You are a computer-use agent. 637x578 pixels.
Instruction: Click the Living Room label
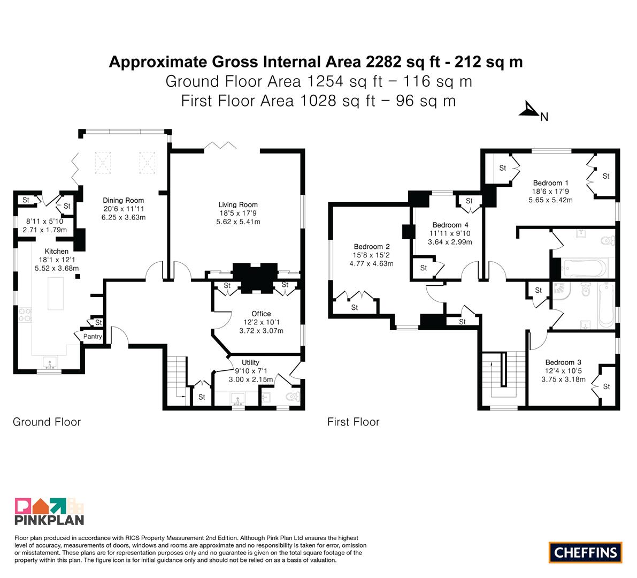tap(238, 204)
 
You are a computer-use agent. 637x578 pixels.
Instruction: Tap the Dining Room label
tap(123, 200)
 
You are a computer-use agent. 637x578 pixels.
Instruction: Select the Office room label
tap(261, 314)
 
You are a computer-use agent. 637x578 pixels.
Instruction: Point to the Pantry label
tap(93, 336)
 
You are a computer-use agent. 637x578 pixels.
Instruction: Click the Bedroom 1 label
tap(550, 183)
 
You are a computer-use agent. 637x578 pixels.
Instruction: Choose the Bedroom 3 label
tap(563, 362)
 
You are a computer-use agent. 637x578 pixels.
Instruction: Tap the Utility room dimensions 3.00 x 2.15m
tap(251, 379)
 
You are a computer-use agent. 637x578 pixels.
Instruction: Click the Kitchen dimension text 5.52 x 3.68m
tap(57, 268)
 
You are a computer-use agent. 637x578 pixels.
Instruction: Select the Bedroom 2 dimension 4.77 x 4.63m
tap(371, 263)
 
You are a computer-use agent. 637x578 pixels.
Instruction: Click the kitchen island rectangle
tap(56, 293)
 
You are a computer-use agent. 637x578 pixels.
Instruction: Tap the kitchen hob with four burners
tap(25, 315)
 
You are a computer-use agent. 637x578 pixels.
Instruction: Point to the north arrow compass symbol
tap(529, 110)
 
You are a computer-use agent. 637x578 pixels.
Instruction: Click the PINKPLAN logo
tap(49, 511)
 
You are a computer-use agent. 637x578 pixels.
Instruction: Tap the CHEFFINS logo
tap(586, 552)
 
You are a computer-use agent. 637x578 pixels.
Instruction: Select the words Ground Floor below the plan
tap(47, 422)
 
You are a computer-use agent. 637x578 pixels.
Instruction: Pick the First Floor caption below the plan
tap(354, 422)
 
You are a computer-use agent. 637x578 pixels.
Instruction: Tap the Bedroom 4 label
tap(450, 225)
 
